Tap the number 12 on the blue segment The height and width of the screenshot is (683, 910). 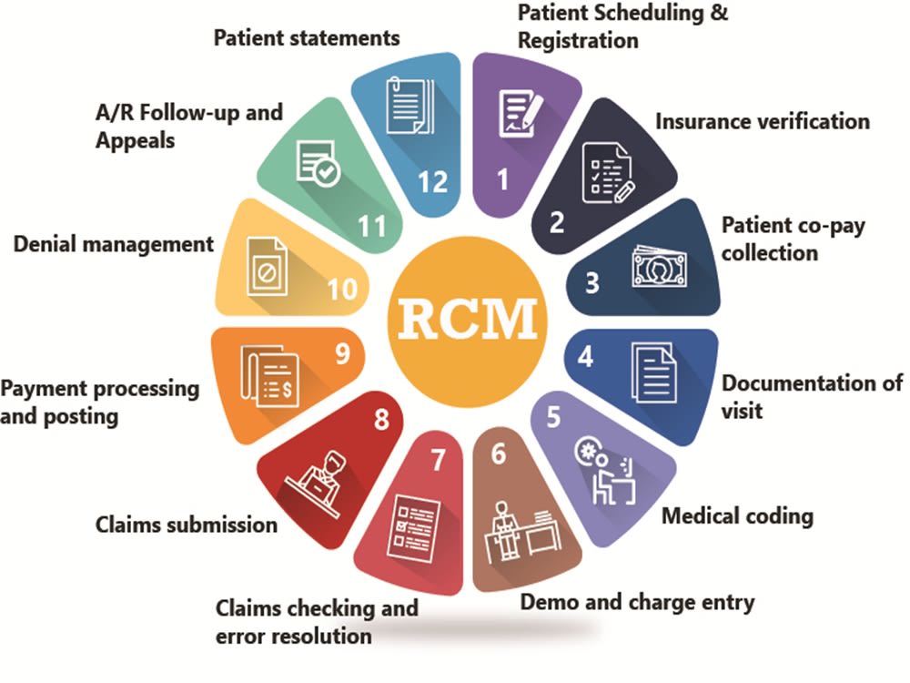(433, 182)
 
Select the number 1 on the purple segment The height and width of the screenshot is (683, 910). (503, 179)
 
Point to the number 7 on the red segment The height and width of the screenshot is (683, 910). (438, 459)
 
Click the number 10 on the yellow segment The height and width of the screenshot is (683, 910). (342, 290)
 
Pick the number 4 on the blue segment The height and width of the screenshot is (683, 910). (585, 356)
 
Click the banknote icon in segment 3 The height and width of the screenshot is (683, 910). (659, 267)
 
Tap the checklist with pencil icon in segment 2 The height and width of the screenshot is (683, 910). (608, 173)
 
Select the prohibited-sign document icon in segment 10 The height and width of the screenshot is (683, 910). (267, 267)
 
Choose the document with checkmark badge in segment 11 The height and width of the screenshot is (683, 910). (318, 163)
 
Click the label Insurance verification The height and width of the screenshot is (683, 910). (763, 121)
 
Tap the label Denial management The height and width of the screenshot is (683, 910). (114, 244)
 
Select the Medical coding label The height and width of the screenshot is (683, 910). (738, 515)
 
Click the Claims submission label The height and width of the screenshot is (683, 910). (187, 525)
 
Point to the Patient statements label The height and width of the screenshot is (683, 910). (307, 37)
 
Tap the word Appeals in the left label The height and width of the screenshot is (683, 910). (136, 141)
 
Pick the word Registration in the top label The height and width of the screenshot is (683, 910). (578, 41)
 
